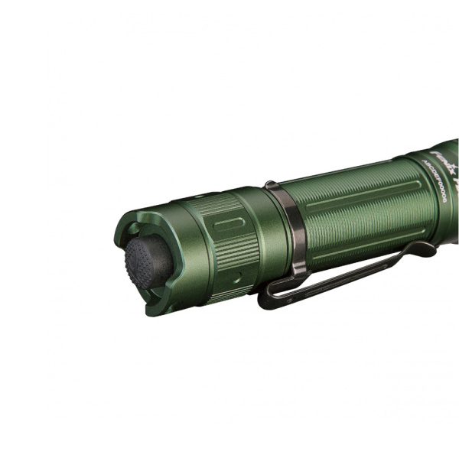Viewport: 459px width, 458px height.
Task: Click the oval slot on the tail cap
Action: point(229,223)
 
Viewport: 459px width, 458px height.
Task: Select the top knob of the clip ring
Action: point(271,184)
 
